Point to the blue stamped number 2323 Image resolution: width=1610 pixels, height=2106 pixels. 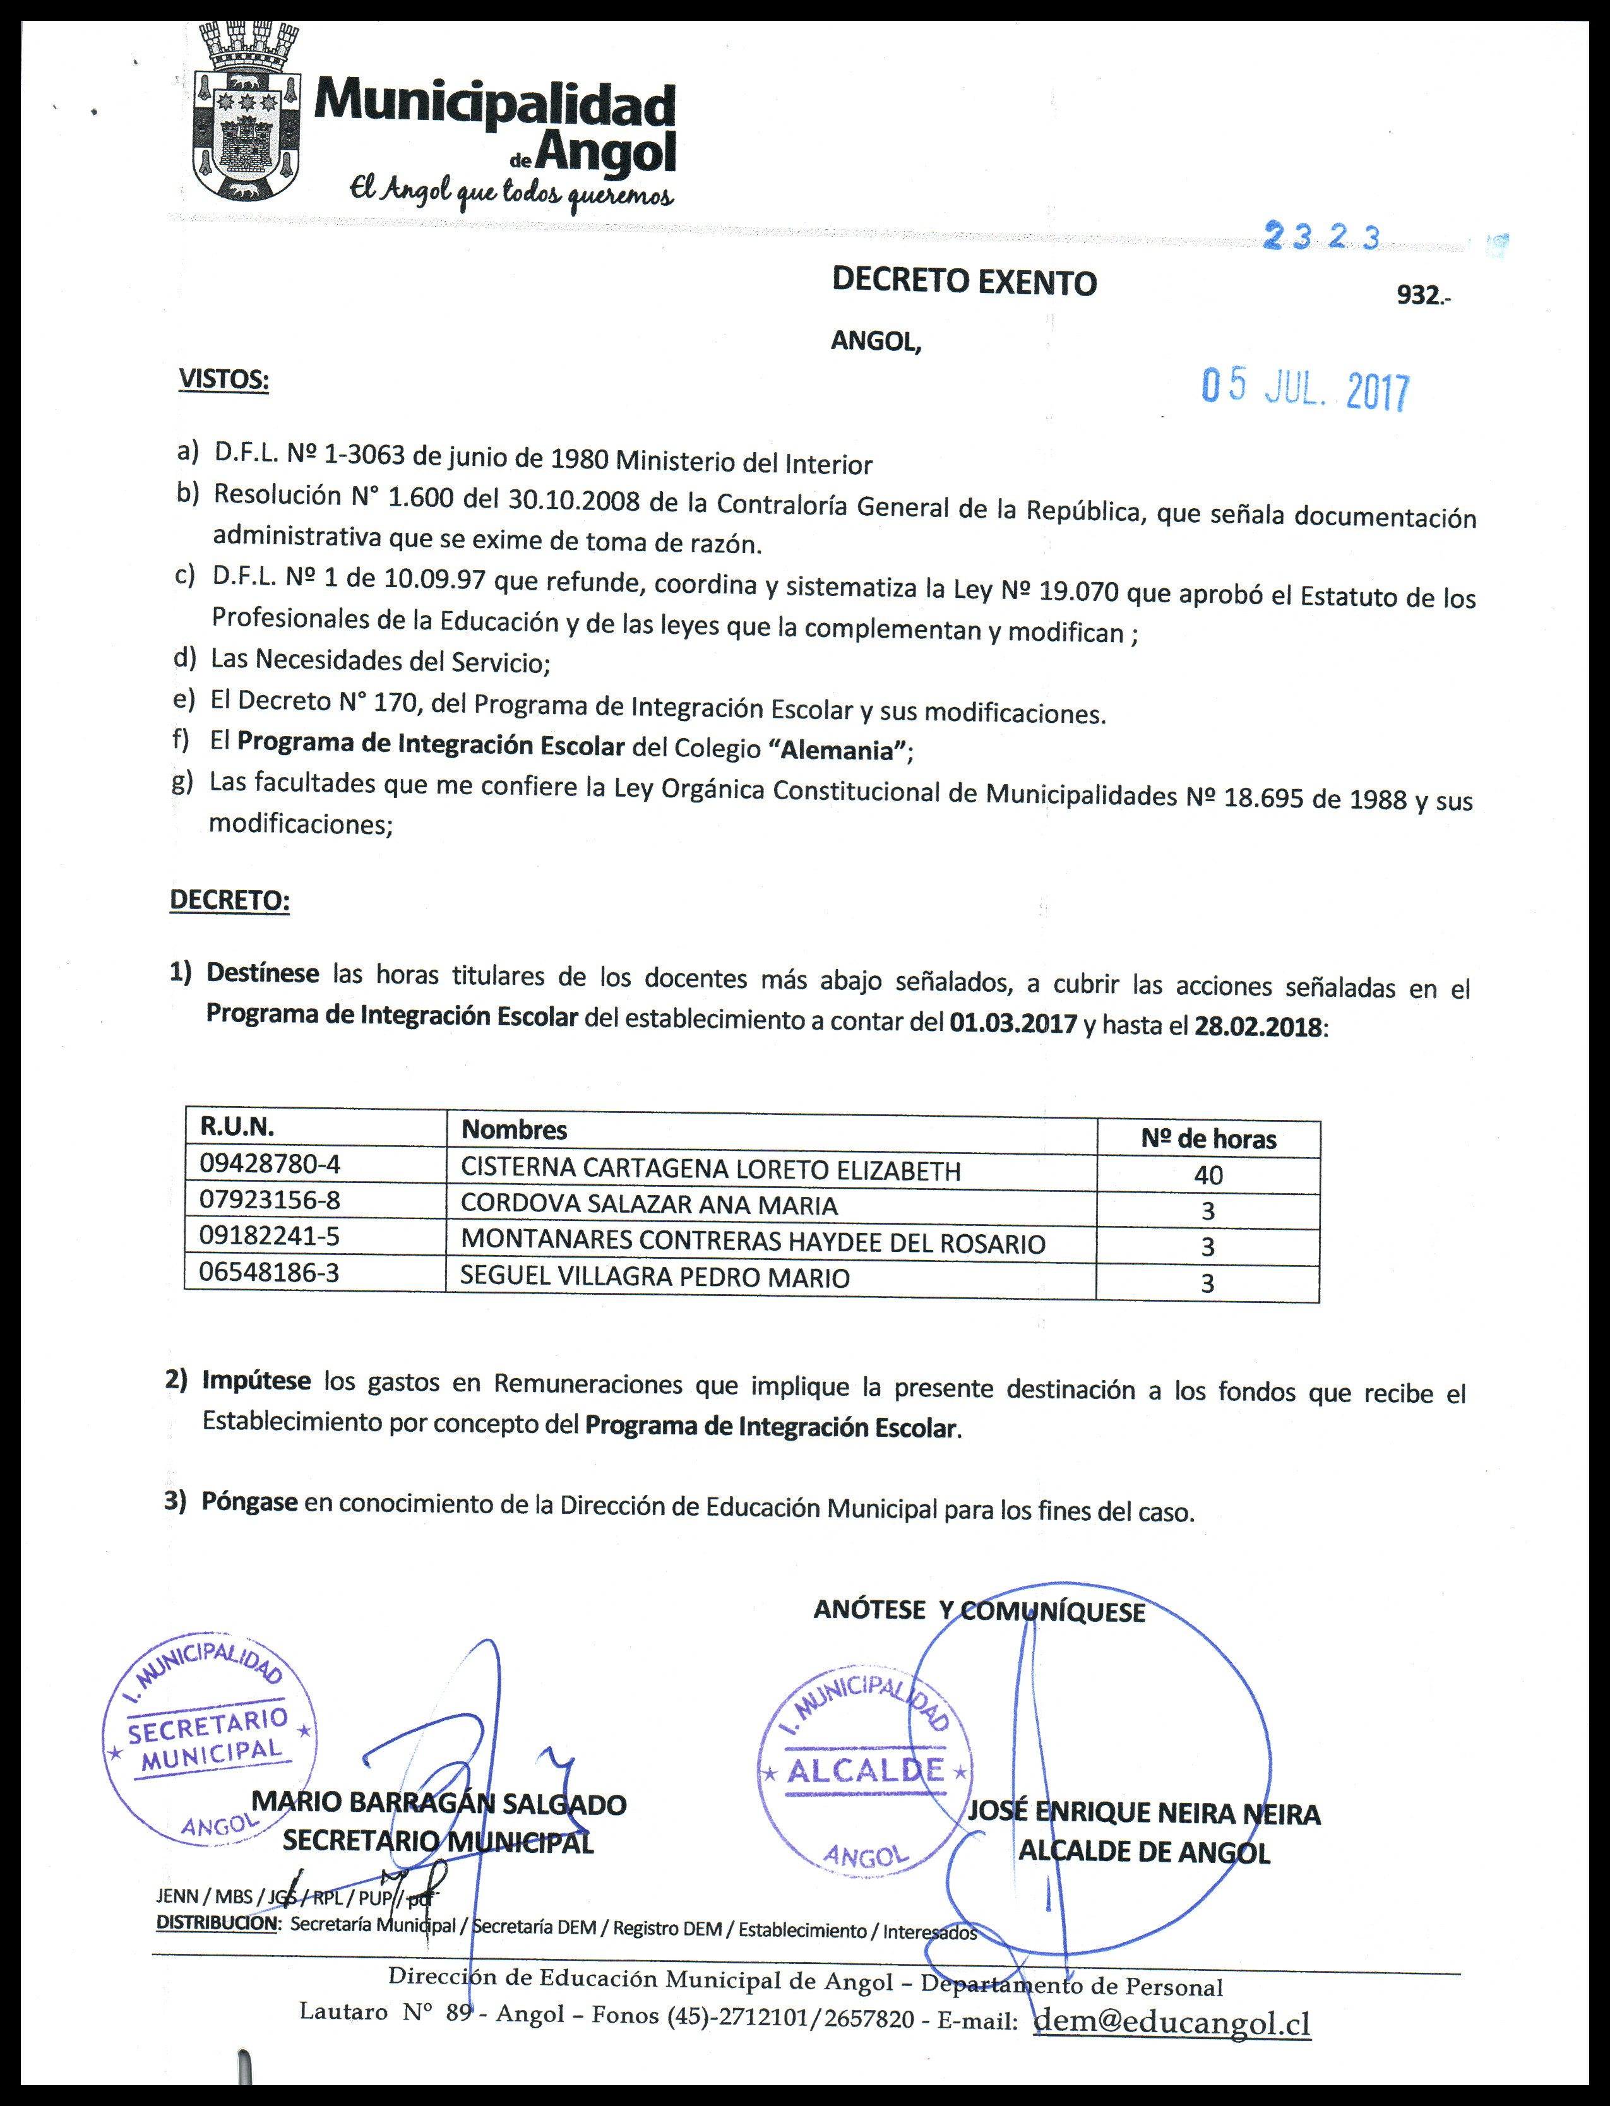coord(1323,237)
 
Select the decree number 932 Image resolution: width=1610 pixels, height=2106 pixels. coord(1420,296)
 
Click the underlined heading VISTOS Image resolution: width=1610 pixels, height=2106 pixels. coord(224,379)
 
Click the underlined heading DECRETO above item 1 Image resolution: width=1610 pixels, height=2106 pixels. coord(229,901)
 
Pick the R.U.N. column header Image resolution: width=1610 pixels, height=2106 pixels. coord(237,1126)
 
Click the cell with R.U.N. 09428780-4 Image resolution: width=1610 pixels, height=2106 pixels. coord(270,1163)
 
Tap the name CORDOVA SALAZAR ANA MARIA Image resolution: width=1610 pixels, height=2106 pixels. coord(649,1205)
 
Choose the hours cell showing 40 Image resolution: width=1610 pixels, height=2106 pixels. coord(1208,1175)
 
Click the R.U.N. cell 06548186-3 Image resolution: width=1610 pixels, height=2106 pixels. coord(270,1273)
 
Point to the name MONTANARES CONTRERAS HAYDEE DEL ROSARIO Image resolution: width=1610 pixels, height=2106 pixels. coord(753,1243)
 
